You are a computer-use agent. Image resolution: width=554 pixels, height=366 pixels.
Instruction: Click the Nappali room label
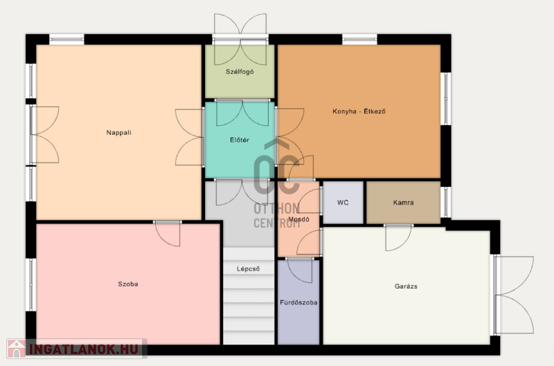(118, 133)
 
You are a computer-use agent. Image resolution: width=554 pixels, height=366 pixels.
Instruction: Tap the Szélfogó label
(240, 72)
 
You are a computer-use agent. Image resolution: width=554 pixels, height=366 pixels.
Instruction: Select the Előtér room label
(240, 140)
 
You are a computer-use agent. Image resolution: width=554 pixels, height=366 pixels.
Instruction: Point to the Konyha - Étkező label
(359, 111)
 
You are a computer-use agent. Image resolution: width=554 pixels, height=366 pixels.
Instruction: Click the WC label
(343, 203)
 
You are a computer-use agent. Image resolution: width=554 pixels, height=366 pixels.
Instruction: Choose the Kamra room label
(404, 203)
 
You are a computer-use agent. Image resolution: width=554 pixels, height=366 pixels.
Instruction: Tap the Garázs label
(406, 286)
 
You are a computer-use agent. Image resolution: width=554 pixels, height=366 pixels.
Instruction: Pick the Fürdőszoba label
(298, 302)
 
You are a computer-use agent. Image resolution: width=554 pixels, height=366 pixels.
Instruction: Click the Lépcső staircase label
(249, 269)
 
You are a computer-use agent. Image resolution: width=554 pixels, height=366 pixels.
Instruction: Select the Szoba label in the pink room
(128, 284)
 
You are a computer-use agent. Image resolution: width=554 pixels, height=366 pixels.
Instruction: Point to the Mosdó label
(298, 219)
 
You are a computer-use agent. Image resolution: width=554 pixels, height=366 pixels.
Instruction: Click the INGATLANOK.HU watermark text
(84, 349)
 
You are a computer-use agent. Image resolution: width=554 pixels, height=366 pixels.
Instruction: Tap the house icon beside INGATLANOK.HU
(16, 349)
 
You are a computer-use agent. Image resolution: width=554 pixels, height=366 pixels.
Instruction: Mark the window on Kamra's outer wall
(446, 202)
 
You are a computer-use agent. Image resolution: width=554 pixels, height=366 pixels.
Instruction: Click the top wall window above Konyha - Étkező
(359, 39)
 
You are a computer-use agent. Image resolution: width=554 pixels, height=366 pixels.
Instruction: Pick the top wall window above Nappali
(66, 39)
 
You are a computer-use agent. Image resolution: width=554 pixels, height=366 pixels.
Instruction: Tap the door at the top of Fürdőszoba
(300, 270)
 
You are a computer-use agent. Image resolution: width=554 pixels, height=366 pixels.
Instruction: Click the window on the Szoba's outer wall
(30, 284)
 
